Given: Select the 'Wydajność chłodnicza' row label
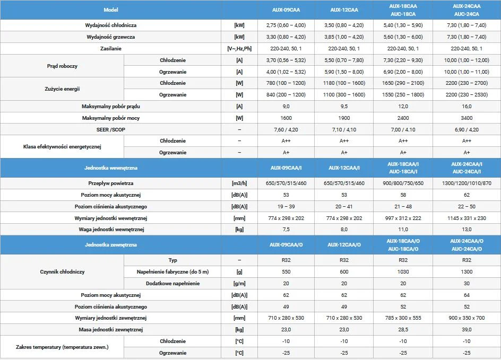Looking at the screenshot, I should [x=111, y=25].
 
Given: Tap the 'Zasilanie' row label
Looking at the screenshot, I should [x=111, y=48].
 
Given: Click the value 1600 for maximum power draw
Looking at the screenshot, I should [x=286, y=118].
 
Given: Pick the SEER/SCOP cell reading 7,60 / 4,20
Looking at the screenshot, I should [x=286, y=129].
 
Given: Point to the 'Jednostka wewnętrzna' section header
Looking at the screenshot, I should [x=111, y=168].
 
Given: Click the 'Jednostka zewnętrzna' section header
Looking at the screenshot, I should [x=111, y=244].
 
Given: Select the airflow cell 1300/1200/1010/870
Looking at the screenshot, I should [x=467, y=183].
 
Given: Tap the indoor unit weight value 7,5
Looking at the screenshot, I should [x=286, y=230].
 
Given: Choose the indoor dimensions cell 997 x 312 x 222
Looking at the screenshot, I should [x=403, y=218].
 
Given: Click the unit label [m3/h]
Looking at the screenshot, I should [x=239, y=183].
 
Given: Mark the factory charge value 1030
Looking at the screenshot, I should [x=403, y=272].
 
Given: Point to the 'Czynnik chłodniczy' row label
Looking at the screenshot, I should [x=62, y=272].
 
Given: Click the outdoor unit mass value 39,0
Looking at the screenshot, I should [x=467, y=330].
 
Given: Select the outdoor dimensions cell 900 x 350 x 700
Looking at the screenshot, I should [x=467, y=318].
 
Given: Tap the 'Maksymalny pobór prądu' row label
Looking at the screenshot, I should [x=111, y=106].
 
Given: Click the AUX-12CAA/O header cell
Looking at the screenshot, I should [x=344, y=244].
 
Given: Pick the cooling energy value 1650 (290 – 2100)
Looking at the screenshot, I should [x=403, y=83].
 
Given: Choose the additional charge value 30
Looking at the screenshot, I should [x=467, y=284].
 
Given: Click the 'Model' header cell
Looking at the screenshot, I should [x=111, y=10].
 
